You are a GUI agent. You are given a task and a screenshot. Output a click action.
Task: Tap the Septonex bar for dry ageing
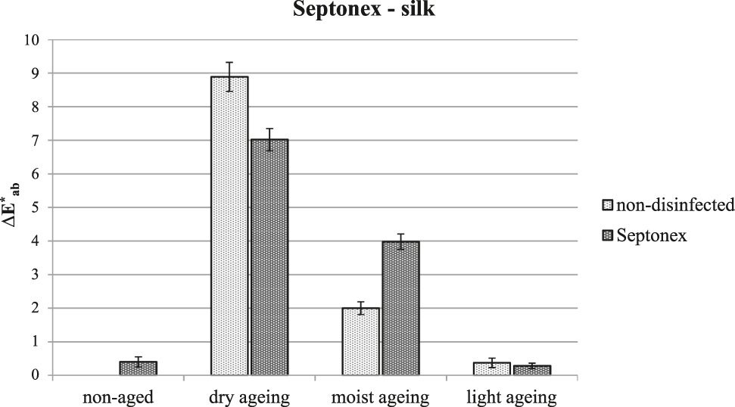point(269,257)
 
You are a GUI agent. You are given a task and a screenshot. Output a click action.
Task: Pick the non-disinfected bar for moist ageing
point(360,341)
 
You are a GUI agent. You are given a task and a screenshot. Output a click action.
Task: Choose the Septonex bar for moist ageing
point(400,308)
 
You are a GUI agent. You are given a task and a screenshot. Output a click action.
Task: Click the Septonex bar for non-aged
point(138,368)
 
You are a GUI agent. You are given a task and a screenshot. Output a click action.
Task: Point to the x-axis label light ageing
point(512,396)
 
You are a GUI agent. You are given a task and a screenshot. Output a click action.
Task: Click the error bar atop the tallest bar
point(229,76)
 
